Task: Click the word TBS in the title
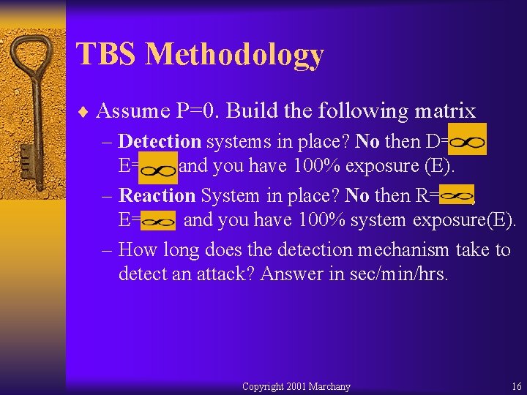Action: [106, 55]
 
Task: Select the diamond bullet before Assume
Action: [85, 112]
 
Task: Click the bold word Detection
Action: [160, 141]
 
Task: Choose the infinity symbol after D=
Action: [466, 141]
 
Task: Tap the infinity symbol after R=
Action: [457, 195]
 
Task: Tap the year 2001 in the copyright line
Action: [295, 386]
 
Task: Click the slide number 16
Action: [517, 386]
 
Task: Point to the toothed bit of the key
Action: [25, 157]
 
